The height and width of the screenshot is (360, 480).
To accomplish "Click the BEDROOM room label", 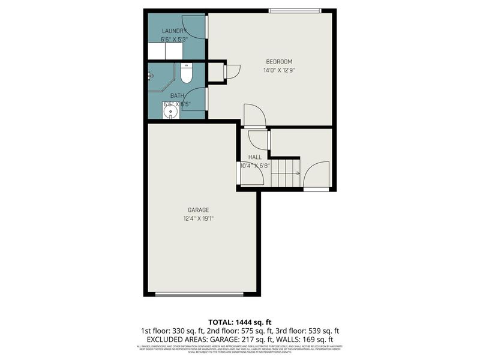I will coord(279,62).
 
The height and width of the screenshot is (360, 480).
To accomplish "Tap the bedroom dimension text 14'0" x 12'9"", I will coord(279,70).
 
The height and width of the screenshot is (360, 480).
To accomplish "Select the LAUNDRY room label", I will coord(174,31).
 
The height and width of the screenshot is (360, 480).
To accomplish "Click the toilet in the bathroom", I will coord(187,74).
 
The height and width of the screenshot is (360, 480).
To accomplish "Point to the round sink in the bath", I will coord(167,112).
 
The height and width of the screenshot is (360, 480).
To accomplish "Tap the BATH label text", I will coord(177,95).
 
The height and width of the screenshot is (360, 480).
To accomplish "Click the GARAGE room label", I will coord(198,210).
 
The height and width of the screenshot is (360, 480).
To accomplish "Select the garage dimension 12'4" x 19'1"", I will coord(199,218).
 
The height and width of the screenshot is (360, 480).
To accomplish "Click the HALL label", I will coord(254,157).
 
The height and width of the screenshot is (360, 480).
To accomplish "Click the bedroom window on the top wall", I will coord(295,10).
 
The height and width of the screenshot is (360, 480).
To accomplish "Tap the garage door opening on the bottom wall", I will coord(199,294).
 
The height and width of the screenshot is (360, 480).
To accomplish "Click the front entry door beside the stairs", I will coord(316,177).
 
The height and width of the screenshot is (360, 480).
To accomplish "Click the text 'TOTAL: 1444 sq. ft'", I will coord(239,323).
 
